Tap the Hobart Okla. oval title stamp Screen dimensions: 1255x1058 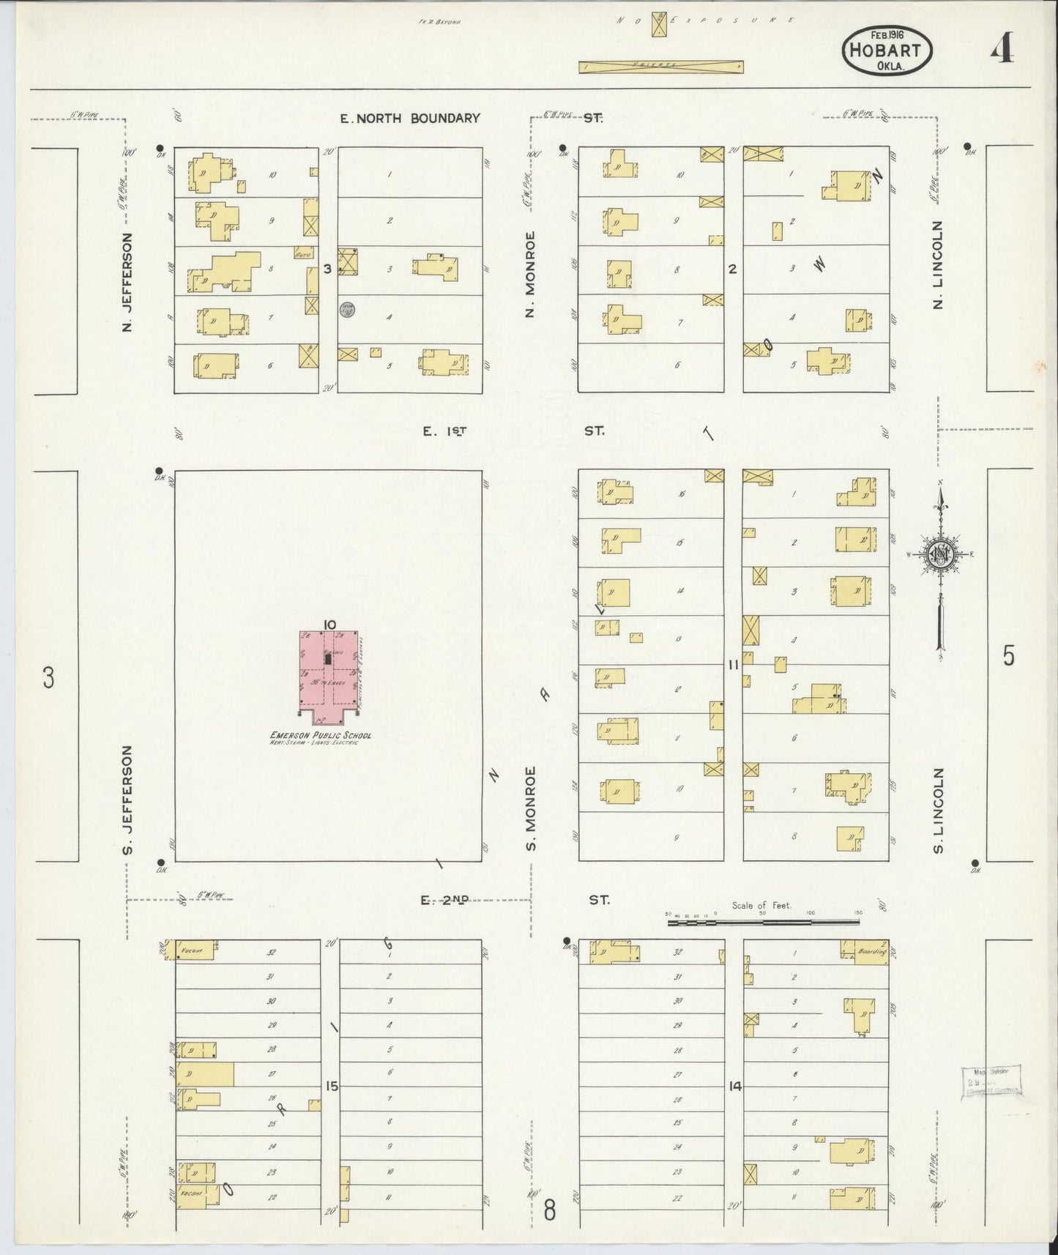click(889, 51)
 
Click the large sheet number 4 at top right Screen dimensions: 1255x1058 click(1002, 49)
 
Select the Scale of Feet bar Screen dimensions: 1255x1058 click(765, 923)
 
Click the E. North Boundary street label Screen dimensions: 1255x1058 click(410, 118)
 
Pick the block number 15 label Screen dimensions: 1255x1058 click(331, 1086)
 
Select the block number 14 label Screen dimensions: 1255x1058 click(734, 1086)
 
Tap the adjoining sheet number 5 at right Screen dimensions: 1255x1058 click(1008, 657)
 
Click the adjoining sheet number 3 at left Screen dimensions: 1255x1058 click(48, 678)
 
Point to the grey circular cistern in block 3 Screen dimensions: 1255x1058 click(346, 310)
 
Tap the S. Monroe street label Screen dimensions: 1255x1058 click(531, 808)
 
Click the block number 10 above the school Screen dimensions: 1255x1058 click(328, 624)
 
